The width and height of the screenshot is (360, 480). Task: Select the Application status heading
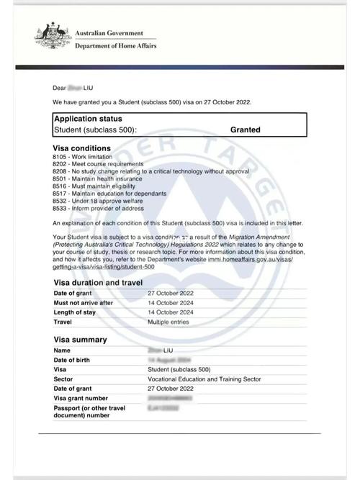88,119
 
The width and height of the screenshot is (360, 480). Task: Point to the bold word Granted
245,130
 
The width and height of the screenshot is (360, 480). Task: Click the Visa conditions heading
81,148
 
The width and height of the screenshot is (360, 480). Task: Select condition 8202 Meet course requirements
98,164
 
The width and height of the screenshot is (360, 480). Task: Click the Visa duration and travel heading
98,283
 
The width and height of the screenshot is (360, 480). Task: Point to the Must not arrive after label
83,303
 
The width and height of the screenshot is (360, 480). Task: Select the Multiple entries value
169,322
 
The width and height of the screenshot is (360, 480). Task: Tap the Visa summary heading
80,340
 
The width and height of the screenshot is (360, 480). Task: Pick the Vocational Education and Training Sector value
204,379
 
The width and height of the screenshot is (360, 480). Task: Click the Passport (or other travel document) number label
89,411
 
